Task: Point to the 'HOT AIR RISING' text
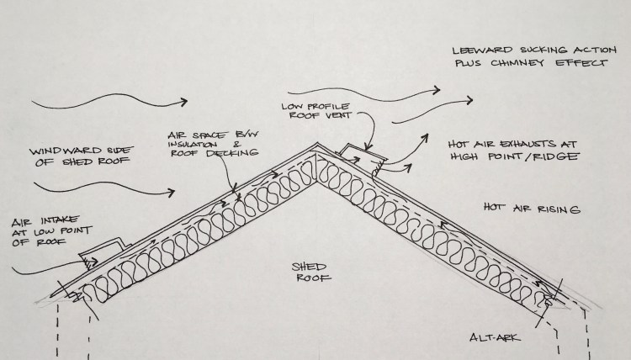[x=531, y=206]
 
